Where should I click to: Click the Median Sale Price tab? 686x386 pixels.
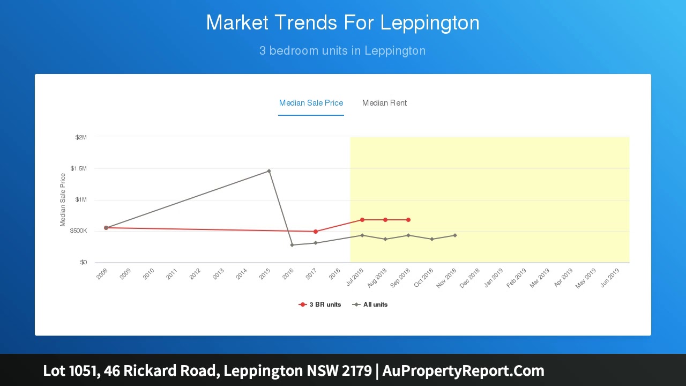[x=311, y=103]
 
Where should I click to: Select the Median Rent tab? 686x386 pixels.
[x=384, y=103]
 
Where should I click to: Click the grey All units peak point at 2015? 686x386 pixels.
[x=269, y=171]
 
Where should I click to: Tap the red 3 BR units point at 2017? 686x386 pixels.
[x=316, y=232]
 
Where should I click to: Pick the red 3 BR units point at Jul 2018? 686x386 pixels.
[x=362, y=220]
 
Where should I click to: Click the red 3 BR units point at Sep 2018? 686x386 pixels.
[x=408, y=220]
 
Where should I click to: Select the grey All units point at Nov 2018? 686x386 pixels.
[x=455, y=235]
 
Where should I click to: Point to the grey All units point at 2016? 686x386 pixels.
[x=292, y=245]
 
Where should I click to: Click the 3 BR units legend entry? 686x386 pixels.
[x=320, y=305]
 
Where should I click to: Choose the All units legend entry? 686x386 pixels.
[x=370, y=305]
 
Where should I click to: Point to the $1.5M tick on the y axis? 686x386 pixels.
[x=78, y=169]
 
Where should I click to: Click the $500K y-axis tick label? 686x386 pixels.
[x=78, y=231]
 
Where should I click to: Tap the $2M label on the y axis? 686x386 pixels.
[x=81, y=137]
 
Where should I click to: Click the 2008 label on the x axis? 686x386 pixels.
[x=102, y=274]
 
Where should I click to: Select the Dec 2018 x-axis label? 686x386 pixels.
[x=470, y=278]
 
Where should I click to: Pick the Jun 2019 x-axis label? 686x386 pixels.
[x=610, y=278]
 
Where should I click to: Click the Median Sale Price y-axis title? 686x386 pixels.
[x=63, y=199]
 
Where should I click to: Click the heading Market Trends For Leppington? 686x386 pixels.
[x=342, y=23]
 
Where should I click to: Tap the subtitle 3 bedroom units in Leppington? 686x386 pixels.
[x=342, y=51]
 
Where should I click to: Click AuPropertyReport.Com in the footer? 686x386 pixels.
[x=463, y=370]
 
